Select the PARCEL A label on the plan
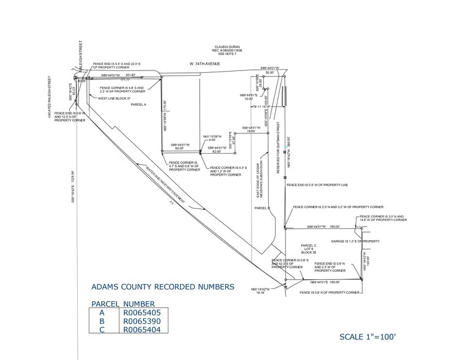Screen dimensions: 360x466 click(139, 105)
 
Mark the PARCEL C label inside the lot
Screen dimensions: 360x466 click(308, 245)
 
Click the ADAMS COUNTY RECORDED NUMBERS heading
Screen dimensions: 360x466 click(162, 286)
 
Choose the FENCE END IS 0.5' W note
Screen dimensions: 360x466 click(317, 185)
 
